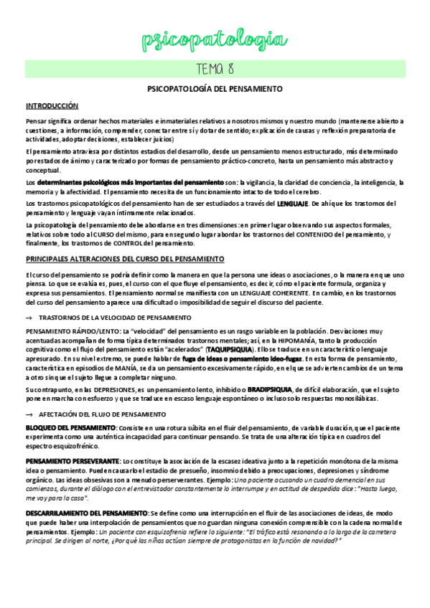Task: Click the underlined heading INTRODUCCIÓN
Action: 52,105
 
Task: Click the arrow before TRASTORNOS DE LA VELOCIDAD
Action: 29,317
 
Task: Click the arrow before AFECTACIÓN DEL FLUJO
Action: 29,414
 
